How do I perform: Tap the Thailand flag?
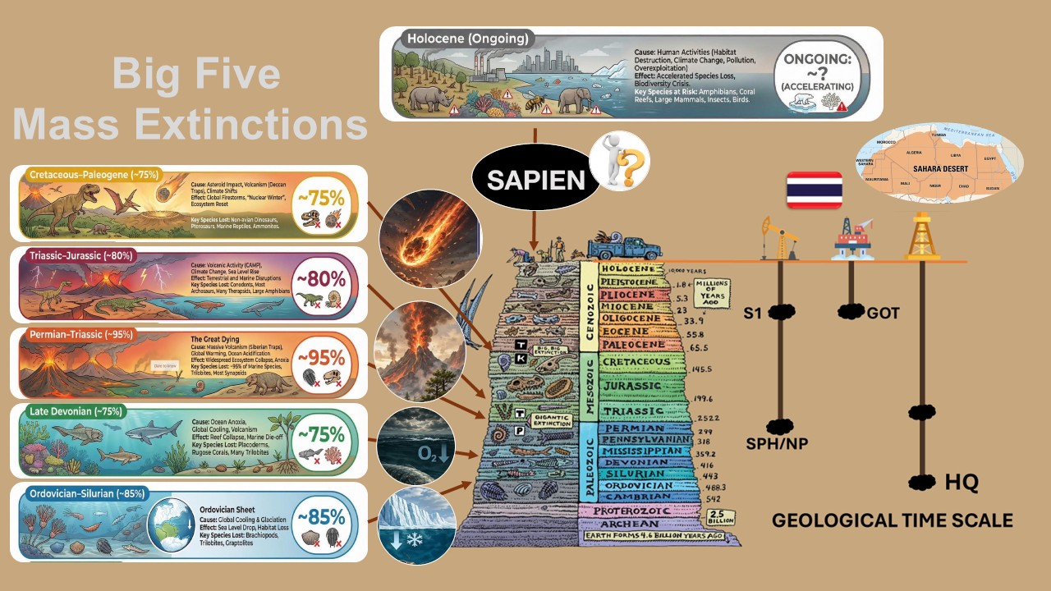pos(815,191)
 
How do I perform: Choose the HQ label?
pos(962,482)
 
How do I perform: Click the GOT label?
pos(883,312)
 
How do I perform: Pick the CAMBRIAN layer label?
pos(636,497)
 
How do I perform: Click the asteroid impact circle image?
pos(423,238)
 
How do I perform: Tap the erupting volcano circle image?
pos(420,351)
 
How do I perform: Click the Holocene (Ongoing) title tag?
pos(467,39)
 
